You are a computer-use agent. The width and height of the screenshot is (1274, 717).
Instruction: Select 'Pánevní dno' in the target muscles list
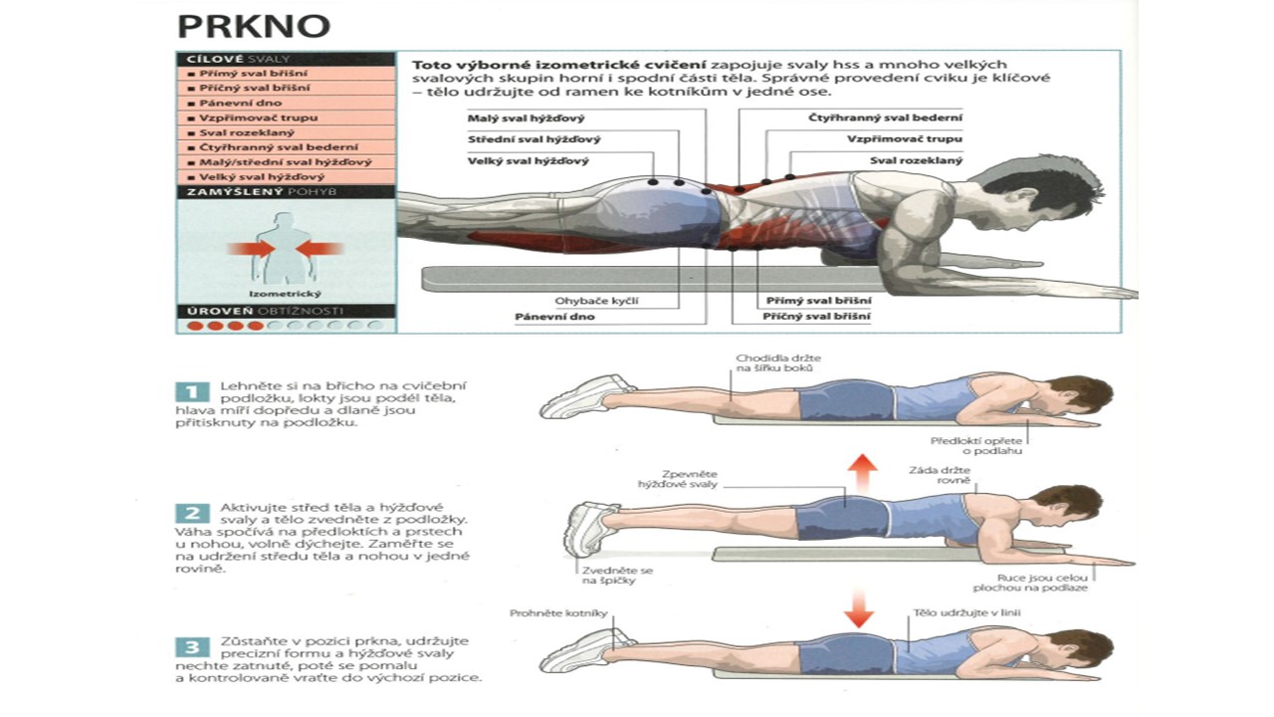[x=228, y=103]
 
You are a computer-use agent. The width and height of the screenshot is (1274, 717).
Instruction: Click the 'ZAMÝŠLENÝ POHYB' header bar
[x=286, y=191]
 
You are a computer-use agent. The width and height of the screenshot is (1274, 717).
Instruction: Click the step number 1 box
[x=192, y=391]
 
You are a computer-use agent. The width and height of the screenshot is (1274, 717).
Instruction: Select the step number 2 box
[x=192, y=514]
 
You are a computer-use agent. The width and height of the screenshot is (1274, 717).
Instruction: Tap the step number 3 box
[x=192, y=646]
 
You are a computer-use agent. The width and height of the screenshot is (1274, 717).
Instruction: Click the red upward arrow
[x=863, y=471]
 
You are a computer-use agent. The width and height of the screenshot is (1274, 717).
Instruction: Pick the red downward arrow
[x=858, y=606]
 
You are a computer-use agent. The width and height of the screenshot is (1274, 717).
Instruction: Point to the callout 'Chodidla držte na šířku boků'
[x=764, y=363]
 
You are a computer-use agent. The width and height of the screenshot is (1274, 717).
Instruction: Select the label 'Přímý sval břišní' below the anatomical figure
[x=818, y=300]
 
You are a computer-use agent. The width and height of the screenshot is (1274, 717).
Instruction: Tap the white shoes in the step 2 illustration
[x=589, y=525]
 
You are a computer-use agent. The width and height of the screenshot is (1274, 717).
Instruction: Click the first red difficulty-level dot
[x=196, y=326]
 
